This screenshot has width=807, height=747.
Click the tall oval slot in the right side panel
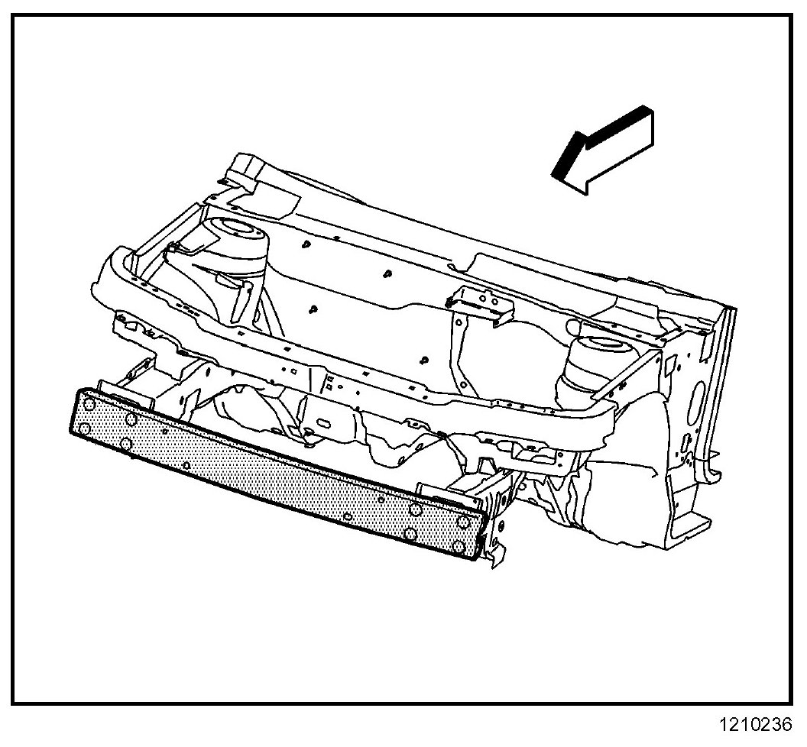click(699, 397)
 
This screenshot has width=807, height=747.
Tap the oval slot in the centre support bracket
click(322, 423)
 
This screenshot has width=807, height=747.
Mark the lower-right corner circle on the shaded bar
click(459, 545)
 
